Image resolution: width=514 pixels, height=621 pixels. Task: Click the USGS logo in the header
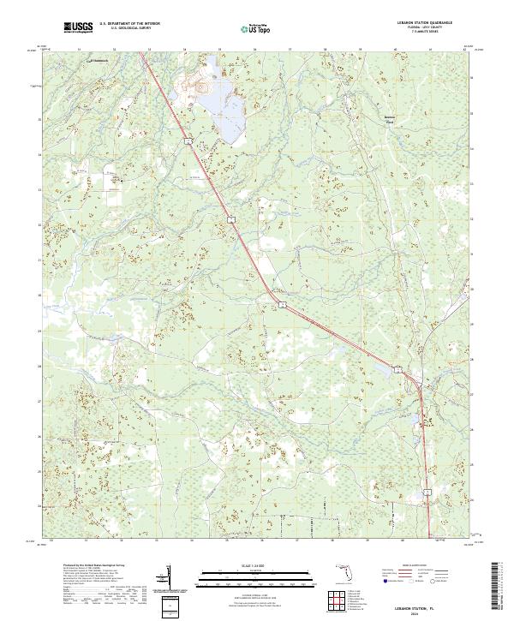coord(78,28)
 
